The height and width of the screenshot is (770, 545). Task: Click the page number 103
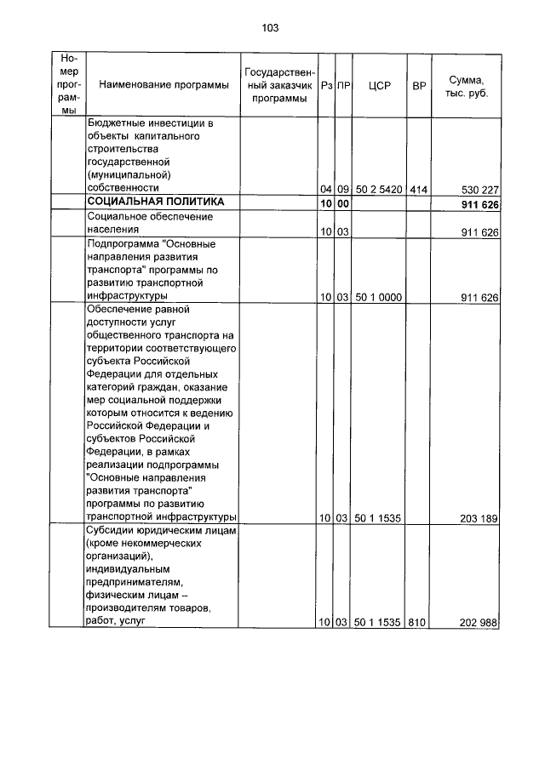(x=271, y=28)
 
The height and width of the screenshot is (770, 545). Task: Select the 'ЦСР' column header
(x=380, y=85)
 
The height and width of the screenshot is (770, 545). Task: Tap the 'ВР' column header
(x=418, y=85)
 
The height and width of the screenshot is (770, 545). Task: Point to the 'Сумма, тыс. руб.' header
(x=466, y=85)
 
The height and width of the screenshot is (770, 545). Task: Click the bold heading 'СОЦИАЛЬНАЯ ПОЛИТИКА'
(x=156, y=202)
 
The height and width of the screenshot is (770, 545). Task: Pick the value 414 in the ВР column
(x=418, y=189)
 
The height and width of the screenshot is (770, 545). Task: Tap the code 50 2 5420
(x=380, y=189)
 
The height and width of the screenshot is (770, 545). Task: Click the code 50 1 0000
(x=380, y=298)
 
